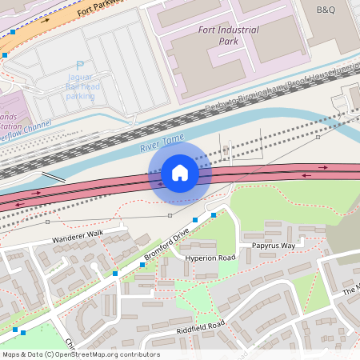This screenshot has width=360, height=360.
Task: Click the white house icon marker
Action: tap(180, 172)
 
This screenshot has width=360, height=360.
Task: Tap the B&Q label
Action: tap(326, 10)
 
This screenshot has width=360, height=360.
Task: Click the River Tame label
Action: tap(157, 146)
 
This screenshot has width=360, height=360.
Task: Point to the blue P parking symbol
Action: tap(78, 66)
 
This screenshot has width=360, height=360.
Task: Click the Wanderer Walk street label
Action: tap(78, 234)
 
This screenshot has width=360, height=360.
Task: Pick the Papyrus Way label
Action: tap(274, 246)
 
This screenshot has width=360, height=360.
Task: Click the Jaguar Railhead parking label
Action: tap(80, 86)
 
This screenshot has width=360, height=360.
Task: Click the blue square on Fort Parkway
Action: tap(5, 54)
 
